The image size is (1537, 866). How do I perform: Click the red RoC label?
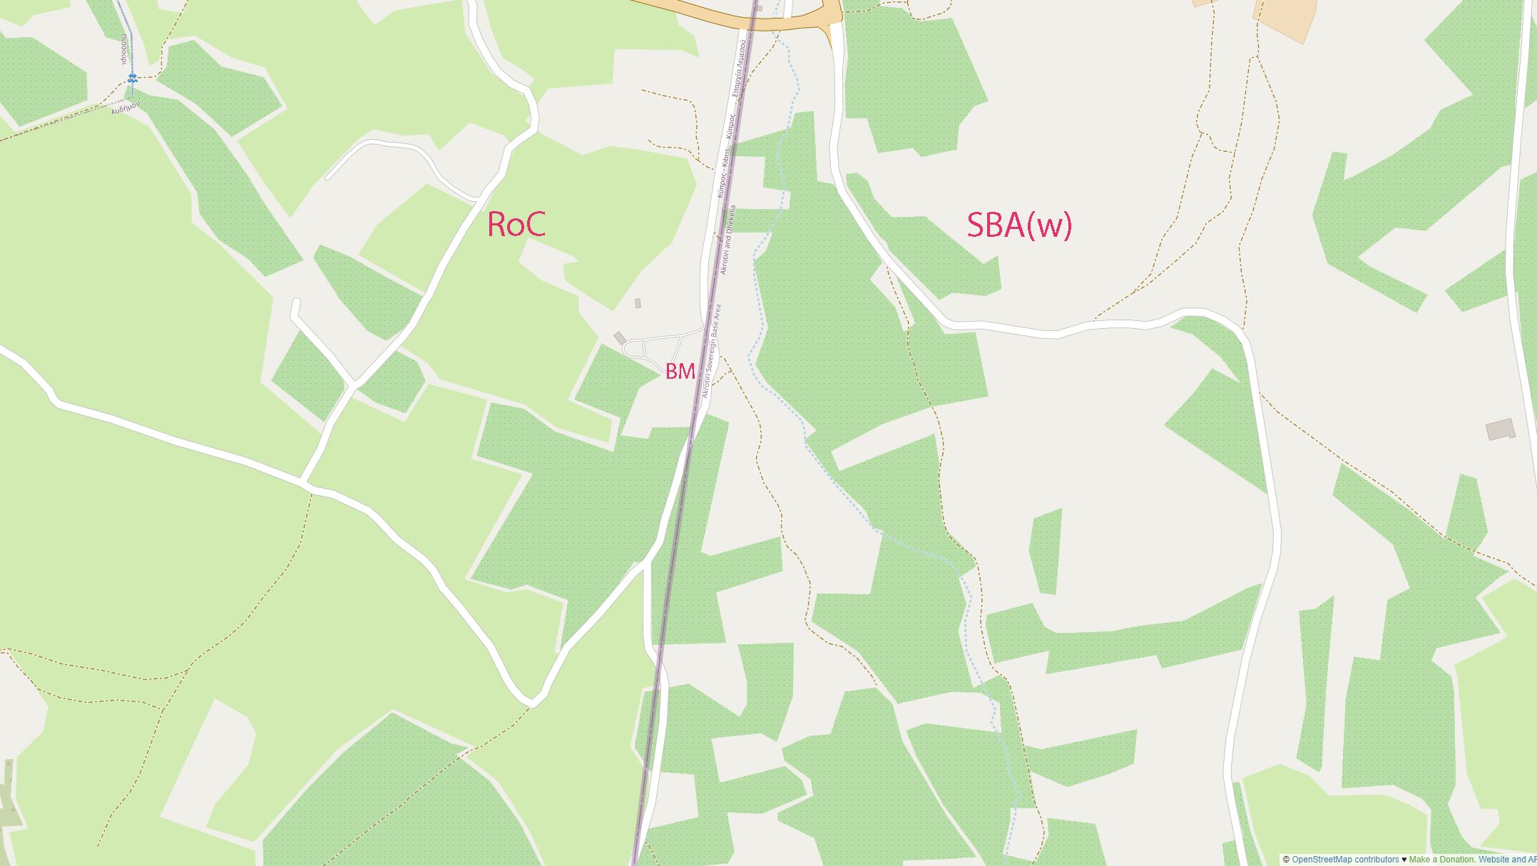point(516,224)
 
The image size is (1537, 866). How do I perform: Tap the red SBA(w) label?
point(1018,225)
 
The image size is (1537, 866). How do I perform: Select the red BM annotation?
point(680,371)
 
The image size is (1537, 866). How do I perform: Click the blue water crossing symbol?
point(131,78)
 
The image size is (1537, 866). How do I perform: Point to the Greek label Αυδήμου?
point(126,107)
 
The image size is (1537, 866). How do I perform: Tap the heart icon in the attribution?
point(1404,860)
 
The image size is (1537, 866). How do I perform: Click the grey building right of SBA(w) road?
point(1500,429)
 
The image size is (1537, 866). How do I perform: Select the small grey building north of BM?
point(638,303)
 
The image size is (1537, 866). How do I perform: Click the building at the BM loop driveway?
point(619,337)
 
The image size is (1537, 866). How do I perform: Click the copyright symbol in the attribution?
point(1286,860)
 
